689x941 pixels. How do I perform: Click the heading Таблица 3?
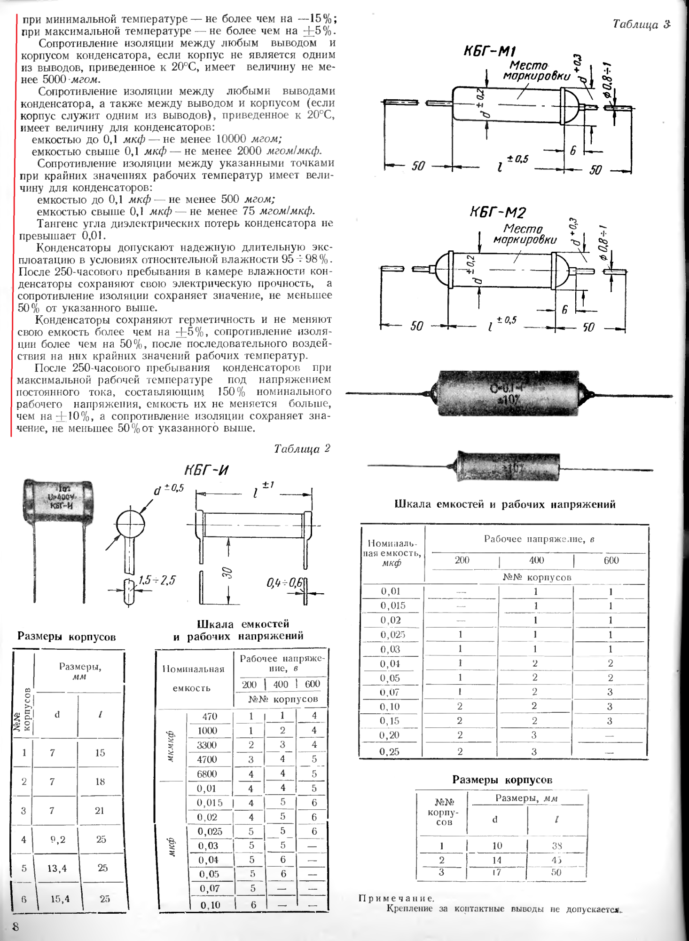(641, 24)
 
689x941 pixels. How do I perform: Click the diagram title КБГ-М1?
(490, 51)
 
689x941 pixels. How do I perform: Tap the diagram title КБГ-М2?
(497, 213)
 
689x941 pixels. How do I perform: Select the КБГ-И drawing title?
(206, 470)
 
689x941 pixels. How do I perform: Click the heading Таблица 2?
(302, 448)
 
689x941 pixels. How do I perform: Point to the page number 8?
(16, 926)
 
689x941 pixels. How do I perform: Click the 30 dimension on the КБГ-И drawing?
(227, 573)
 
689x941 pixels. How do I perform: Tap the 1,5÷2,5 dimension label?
(157, 580)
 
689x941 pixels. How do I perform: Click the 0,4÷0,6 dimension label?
(284, 583)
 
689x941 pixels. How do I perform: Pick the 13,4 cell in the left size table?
(57, 868)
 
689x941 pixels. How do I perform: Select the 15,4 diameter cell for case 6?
(60, 899)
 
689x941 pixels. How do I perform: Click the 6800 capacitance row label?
(207, 774)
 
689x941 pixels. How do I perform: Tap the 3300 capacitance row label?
(207, 745)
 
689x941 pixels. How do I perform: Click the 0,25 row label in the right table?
(390, 751)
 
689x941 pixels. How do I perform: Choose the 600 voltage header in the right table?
(611, 560)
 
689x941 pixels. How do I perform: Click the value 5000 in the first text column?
(55, 79)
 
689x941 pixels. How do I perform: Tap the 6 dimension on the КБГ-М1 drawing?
(572, 151)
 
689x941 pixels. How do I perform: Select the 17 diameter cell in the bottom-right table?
(496, 872)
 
